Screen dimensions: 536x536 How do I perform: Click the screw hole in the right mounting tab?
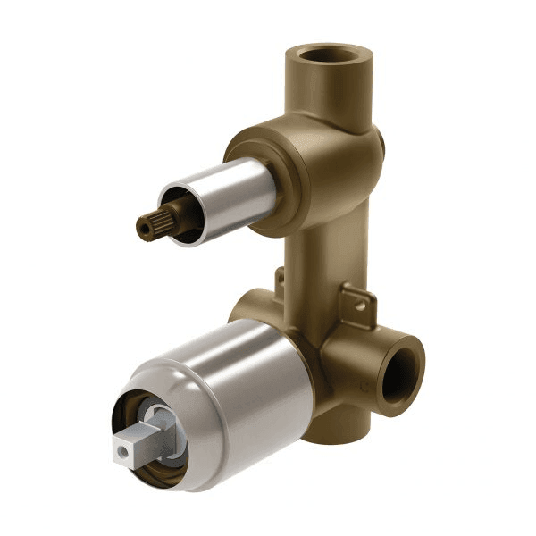tap(359, 305)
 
